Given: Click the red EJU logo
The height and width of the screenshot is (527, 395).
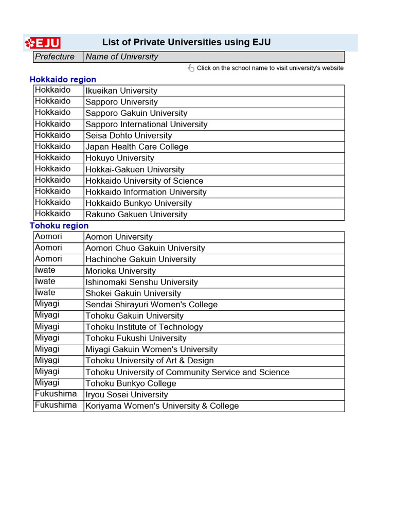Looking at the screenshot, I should coord(43,43).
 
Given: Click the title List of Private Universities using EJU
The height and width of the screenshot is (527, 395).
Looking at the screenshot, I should coord(186,43).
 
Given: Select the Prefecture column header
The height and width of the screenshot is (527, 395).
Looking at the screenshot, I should coord(55,57).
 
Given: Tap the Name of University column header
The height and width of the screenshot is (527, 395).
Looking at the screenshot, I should coord(122,57).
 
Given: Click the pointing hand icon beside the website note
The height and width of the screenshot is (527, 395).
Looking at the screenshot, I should coord(191,68).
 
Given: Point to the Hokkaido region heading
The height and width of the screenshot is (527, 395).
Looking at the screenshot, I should coord(63,79).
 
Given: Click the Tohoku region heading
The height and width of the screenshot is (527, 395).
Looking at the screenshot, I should coord(59,225).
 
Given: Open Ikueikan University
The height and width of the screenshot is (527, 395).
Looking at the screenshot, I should coord(121,91).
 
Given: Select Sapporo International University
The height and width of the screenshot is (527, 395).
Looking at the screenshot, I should coord(147,124).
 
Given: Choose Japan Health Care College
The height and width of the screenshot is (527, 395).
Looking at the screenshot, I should coord(137,147).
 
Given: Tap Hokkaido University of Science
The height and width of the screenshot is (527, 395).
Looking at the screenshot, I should coord(145,181).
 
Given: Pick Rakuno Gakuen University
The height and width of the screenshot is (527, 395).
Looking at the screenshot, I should coord(136,215).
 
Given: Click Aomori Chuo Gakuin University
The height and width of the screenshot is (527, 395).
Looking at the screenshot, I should coord(145,248).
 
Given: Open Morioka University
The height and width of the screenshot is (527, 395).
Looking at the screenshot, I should coord(120,271).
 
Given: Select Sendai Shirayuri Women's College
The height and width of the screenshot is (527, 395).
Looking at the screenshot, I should coord(151,305).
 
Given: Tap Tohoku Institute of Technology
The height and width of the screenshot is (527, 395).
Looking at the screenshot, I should coord(144,327).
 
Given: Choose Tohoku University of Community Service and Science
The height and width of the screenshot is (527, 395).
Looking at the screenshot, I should coord(187,372).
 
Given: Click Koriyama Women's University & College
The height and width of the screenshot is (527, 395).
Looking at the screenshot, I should coord(162,406).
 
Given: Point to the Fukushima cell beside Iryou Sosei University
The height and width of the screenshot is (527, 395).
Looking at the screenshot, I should coord(56,394).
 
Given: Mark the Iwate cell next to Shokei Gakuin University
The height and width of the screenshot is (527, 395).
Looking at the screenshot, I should coord(45,293).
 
